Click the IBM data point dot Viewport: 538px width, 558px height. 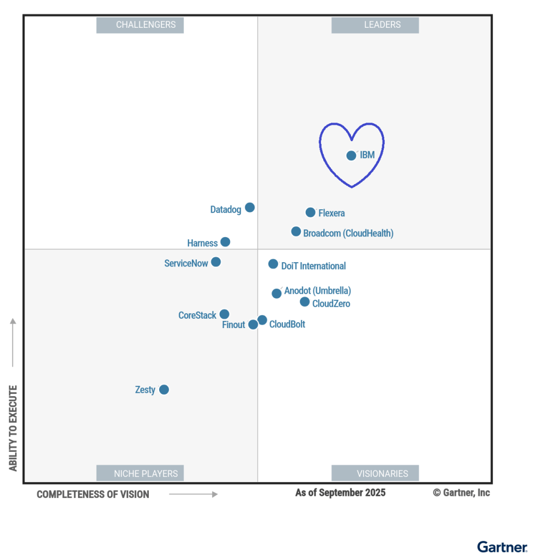pos(351,155)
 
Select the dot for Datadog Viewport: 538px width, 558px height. pos(250,207)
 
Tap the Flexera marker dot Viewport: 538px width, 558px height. pos(310,212)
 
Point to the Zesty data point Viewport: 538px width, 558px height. pos(164,390)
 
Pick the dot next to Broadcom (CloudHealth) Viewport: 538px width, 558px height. pos(296,232)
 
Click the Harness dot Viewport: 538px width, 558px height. pos(225,242)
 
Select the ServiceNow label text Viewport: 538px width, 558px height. pos(186,263)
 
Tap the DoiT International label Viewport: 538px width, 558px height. pos(313,266)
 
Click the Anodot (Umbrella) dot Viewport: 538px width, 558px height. pos(276,293)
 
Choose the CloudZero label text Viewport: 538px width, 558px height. pos(331,304)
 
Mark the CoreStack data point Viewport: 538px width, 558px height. pos(224,314)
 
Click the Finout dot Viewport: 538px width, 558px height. pos(253,324)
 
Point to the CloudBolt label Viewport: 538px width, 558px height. pos(287,324)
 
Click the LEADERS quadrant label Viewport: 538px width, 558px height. pos(375,25)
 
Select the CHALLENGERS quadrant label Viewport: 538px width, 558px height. pos(140,25)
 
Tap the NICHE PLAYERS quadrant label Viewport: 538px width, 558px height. pos(140,473)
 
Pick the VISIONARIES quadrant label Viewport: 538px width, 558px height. pos(375,473)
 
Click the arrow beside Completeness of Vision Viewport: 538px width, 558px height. pos(193,494)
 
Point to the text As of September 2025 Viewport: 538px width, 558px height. pos(340,493)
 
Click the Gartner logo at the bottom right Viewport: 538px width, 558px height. pos(502,547)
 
